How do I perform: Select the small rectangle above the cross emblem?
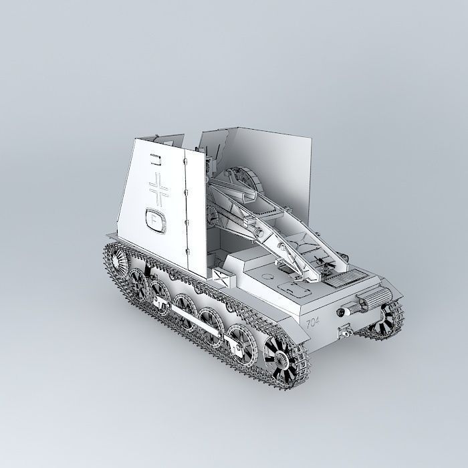point(156,159)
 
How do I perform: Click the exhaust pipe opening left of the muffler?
point(344,312)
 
